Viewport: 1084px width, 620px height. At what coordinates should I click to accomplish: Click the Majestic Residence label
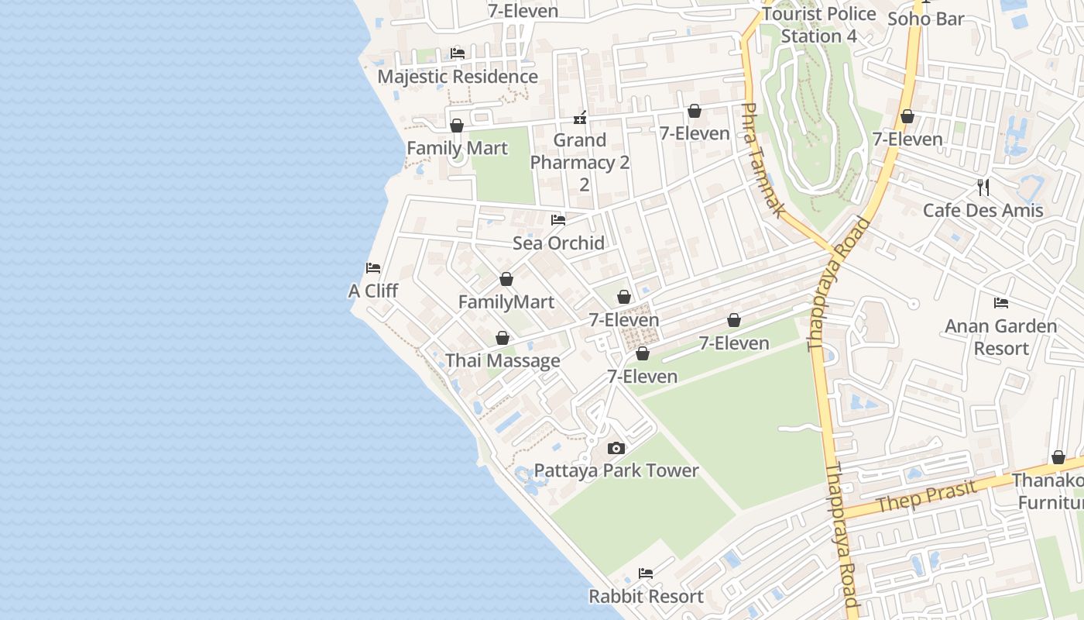(457, 77)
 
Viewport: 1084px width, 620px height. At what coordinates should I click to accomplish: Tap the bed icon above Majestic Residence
(457, 53)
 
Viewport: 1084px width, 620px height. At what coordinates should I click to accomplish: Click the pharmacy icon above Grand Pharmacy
(580, 118)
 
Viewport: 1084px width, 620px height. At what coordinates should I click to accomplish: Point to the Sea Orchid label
(558, 243)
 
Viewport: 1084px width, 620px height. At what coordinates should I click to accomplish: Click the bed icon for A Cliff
(373, 268)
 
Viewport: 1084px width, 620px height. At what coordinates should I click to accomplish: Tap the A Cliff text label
(373, 291)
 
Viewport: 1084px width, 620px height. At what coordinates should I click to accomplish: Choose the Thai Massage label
(503, 361)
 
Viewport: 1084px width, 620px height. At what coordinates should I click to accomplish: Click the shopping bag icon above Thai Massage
(503, 338)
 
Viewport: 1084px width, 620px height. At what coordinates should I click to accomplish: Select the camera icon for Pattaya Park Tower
(616, 448)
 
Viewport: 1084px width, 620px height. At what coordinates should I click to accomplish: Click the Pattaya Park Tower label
(616, 470)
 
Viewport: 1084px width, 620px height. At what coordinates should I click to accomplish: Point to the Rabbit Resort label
(646, 597)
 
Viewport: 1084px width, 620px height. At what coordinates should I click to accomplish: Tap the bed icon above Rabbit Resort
(646, 573)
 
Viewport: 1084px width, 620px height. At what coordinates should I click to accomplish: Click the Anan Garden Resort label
(1001, 337)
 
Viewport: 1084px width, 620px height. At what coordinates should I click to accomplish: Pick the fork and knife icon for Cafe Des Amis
(983, 187)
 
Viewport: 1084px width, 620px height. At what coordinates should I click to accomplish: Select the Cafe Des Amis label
(983, 210)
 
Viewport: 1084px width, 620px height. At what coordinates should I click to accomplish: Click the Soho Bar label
(925, 19)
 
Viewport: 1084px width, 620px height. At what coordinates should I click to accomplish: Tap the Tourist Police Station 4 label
(819, 25)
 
